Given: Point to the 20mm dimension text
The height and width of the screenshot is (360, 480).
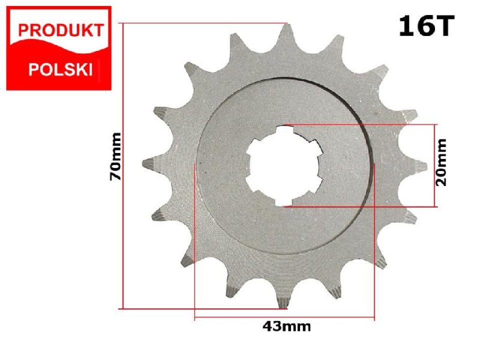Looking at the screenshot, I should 441,162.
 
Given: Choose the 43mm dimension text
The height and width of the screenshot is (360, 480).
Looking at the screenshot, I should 286,327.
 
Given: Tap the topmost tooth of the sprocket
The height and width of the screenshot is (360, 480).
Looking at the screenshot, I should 286,35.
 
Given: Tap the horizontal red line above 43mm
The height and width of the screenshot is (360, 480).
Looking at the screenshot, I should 284,317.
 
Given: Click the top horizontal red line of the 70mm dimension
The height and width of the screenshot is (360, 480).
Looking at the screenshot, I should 200,23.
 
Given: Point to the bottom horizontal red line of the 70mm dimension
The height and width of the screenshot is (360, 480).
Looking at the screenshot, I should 200,309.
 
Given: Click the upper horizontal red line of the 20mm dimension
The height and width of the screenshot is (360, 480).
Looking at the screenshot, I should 360,124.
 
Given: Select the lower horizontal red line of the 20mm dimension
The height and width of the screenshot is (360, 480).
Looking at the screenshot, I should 360,206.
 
